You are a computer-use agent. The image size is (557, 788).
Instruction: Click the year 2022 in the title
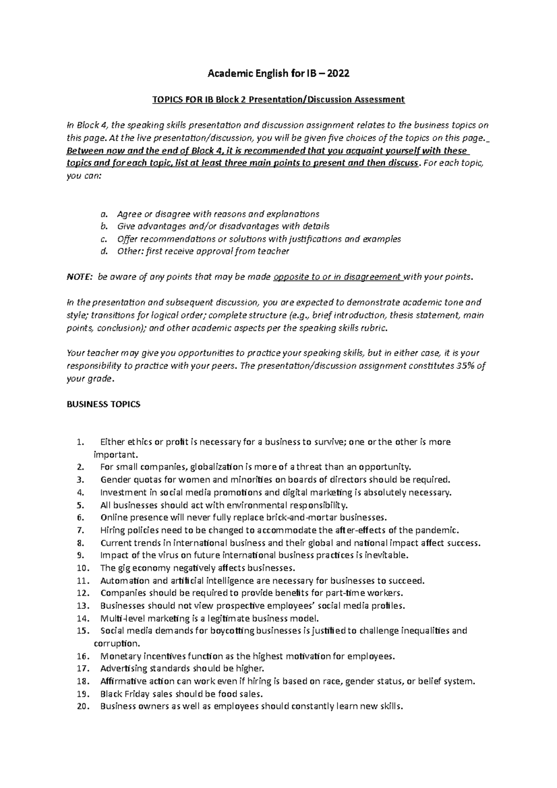click(338, 73)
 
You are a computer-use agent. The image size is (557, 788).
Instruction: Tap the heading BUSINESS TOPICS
click(104, 404)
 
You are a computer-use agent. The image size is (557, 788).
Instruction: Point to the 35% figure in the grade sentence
click(466, 366)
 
